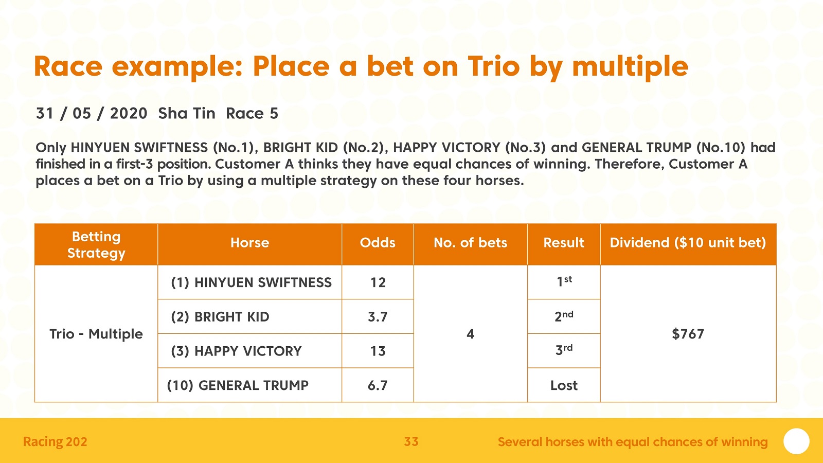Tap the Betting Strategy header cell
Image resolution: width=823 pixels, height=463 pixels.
[x=96, y=245]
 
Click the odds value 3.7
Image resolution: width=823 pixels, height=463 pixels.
[x=378, y=317]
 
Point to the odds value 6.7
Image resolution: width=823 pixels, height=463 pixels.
[x=378, y=385]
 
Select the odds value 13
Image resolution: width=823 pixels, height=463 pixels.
[x=378, y=351]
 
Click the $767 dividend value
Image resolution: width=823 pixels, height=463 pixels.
[x=688, y=334]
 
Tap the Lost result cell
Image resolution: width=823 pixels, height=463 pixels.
[x=564, y=385]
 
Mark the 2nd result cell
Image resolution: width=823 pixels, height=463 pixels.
[x=564, y=316]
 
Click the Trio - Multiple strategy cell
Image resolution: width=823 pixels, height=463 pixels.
[x=96, y=334]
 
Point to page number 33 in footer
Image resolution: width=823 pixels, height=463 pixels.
[x=411, y=441]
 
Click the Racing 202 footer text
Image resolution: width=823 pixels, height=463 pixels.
[x=55, y=442]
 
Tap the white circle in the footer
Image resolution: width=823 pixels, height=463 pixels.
[x=796, y=441]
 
